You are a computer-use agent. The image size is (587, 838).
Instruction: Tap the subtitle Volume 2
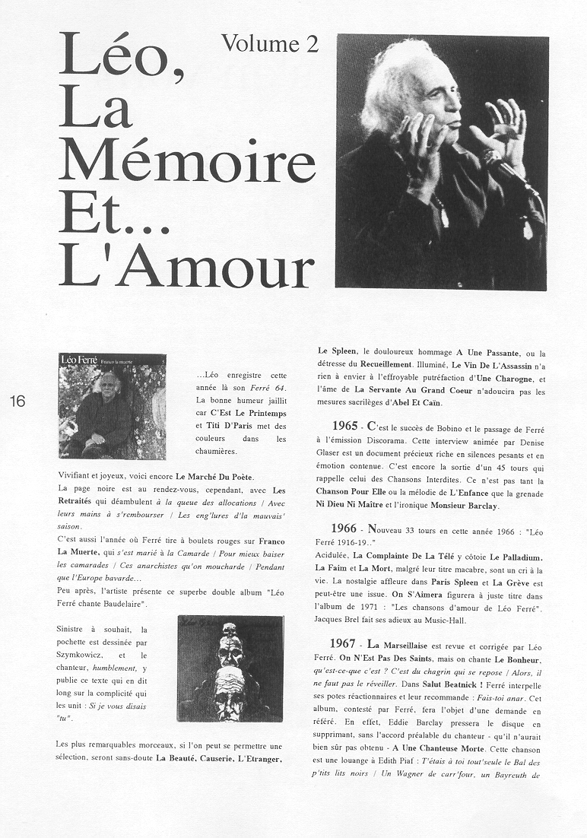tap(269, 44)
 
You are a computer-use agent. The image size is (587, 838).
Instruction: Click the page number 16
tap(18, 402)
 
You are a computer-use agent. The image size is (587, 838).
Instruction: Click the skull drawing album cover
tap(230, 668)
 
